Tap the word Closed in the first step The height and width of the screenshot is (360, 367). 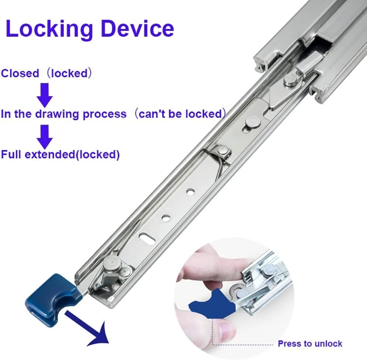(20, 73)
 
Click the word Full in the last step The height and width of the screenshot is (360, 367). (11, 155)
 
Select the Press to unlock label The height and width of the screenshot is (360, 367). (310, 343)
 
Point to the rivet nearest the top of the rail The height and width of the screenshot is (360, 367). (291, 79)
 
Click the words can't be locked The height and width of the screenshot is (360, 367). (181, 114)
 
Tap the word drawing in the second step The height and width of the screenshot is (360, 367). (56, 114)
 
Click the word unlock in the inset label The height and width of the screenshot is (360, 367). (329, 343)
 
